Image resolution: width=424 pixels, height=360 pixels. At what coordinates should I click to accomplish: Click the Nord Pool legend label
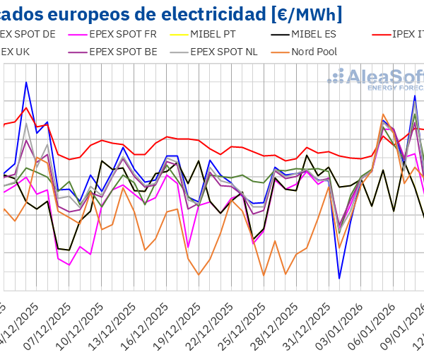tap(314, 52)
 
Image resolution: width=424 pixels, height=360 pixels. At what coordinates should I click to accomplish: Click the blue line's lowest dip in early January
tap(339, 278)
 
